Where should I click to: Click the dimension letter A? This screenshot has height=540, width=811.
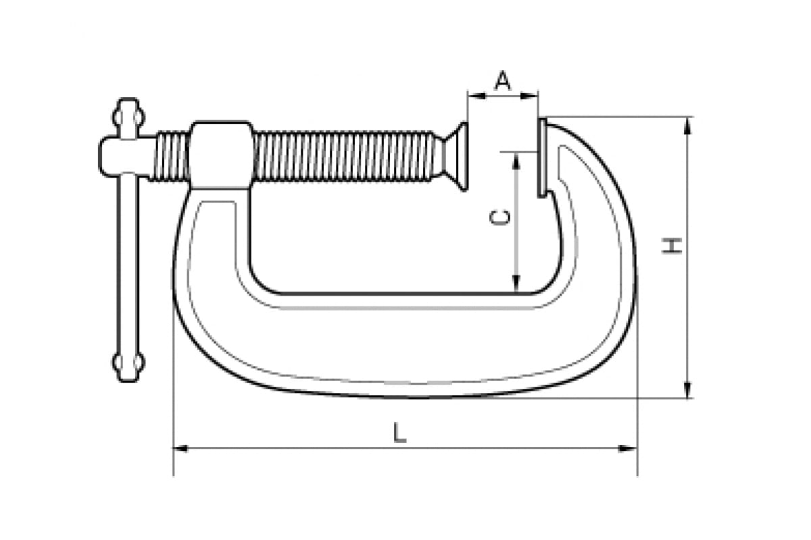click(503, 80)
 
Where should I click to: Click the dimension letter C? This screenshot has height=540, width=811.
click(500, 217)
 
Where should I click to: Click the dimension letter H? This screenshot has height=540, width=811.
click(672, 246)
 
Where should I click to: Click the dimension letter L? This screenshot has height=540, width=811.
click(399, 432)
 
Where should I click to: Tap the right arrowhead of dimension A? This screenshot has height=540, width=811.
click(529, 96)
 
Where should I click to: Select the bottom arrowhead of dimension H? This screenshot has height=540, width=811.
click(689, 389)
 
